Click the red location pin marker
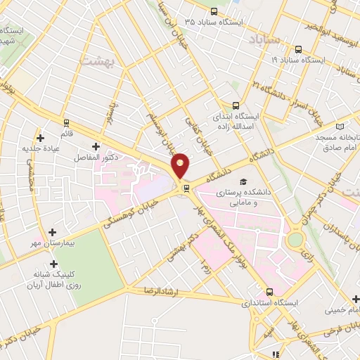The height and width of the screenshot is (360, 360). click(x=181, y=165)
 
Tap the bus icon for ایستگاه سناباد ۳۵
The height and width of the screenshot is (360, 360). click(x=214, y=12)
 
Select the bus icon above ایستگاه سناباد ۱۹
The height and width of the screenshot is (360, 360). click(x=298, y=50)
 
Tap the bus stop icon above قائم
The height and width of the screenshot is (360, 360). click(x=65, y=121)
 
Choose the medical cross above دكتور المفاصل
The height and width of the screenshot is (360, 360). click(x=96, y=146)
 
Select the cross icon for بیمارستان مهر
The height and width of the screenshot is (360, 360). click(x=53, y=231)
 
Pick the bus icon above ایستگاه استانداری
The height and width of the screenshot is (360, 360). click(x=269, y=292)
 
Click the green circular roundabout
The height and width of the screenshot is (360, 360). click(x=295, y=240)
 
